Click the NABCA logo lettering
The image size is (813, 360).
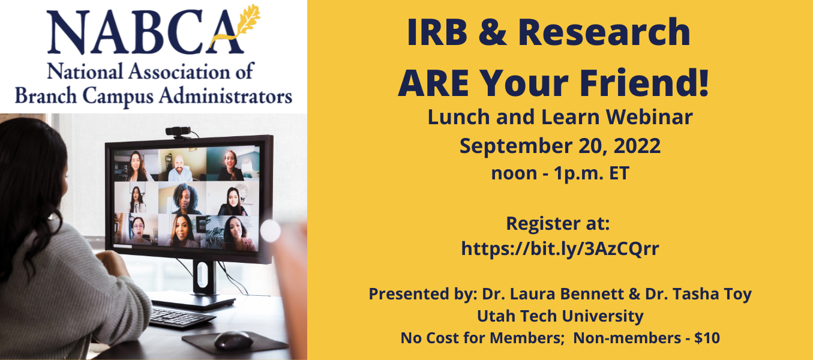[145, 32]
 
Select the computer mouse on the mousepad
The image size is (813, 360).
[233, 340]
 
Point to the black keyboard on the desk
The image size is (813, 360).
[181, 318]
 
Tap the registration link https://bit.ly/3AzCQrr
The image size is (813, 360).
[560, 249]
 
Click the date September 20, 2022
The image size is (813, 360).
[560, 146]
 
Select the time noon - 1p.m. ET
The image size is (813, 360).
[560, 173]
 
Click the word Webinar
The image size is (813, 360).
[649, 117]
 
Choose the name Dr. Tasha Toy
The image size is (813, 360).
[698, 294]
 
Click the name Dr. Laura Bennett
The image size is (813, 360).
[556, 294]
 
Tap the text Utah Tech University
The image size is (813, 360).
[560, 316]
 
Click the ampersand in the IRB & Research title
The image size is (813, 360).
[493, 32]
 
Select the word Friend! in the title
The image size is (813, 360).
[644, 83]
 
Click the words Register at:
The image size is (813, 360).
[558, 223]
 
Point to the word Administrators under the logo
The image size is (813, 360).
[226, 96]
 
